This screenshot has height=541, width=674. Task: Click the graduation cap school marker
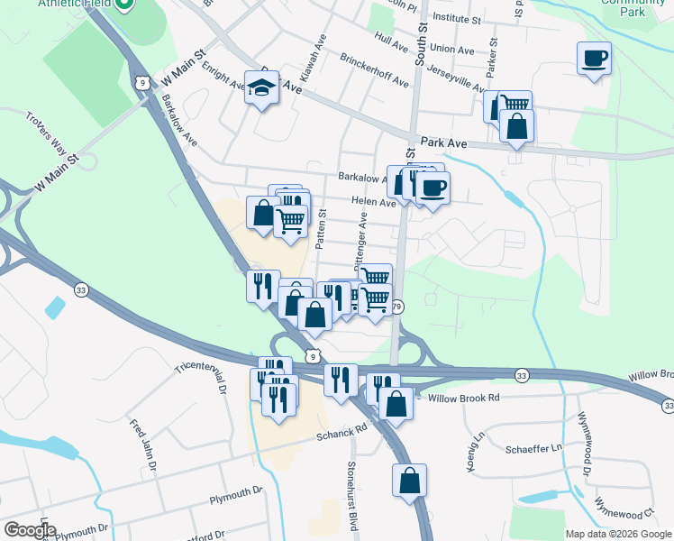tap(261, 87)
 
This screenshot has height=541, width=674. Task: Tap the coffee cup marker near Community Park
tap(594, 59)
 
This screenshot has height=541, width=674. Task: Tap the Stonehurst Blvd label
tap(353, 495)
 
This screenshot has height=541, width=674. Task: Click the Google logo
tap(29, 530)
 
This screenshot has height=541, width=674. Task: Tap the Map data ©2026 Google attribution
tap(619, 534)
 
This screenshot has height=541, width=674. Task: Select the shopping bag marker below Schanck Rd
tap(409, 481)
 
